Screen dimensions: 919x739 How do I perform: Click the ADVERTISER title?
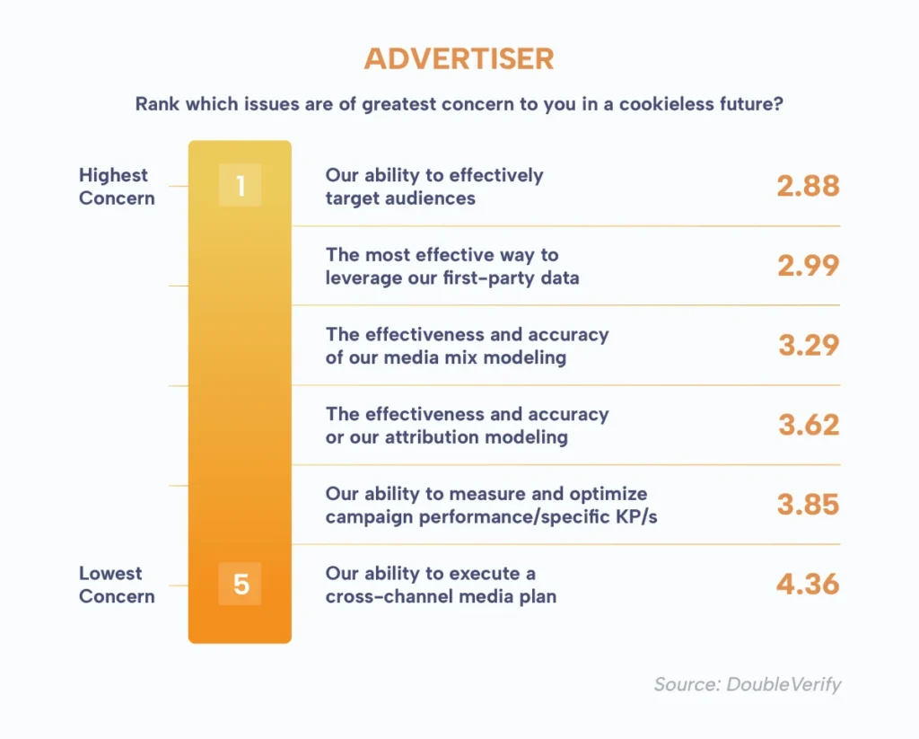pos(459,58)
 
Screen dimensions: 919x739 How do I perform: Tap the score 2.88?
pos(809,186)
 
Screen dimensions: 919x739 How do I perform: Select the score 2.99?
pos(809,266)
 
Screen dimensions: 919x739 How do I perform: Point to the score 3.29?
pos(809,345)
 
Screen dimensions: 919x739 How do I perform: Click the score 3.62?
pos(809,425)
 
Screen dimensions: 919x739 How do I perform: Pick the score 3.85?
pos(809,505)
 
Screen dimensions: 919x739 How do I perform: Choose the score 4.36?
pos(809,585)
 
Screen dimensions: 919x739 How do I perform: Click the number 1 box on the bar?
pos(240,185)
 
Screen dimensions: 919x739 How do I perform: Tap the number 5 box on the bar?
pos(240,584)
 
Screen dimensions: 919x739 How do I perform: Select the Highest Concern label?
pos(117,187)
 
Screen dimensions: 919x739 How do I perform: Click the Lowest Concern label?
pos(117,585)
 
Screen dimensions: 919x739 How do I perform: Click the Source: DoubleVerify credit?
pos(748,684)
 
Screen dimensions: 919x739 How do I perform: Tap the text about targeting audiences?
pos(434,187)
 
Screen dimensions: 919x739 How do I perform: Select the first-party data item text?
pos(452,267)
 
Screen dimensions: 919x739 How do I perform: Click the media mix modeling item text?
pos(467,346)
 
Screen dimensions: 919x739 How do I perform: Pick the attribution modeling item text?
pos(467,426)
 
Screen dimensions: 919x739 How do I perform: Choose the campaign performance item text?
pos(491,505)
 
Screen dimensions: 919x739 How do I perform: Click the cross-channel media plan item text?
pos(441,585)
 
